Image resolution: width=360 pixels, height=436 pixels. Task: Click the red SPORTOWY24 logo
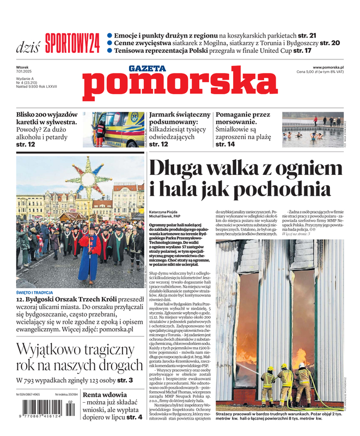coord(72,43)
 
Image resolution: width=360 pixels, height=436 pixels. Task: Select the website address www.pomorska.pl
coord(332,67)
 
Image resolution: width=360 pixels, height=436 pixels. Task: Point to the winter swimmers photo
coord(312,130)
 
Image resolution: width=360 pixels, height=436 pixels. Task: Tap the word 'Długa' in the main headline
coord(178,167)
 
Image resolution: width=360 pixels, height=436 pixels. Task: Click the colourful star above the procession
coord(88,178)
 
